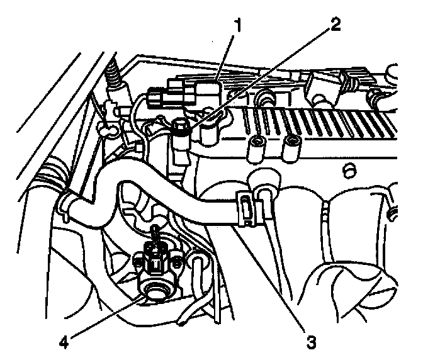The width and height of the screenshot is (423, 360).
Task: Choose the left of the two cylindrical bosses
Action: pos(256,149)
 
